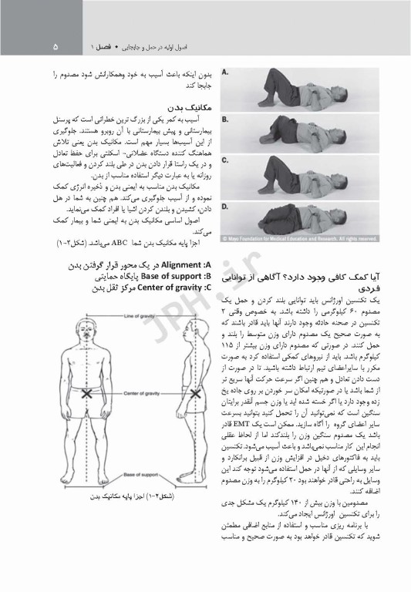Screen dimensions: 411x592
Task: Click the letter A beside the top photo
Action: point(224,72)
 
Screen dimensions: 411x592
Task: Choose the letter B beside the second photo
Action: point(224,119)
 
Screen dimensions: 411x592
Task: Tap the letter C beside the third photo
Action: point(224,160)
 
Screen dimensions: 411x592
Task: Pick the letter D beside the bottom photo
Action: point(224,206)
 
